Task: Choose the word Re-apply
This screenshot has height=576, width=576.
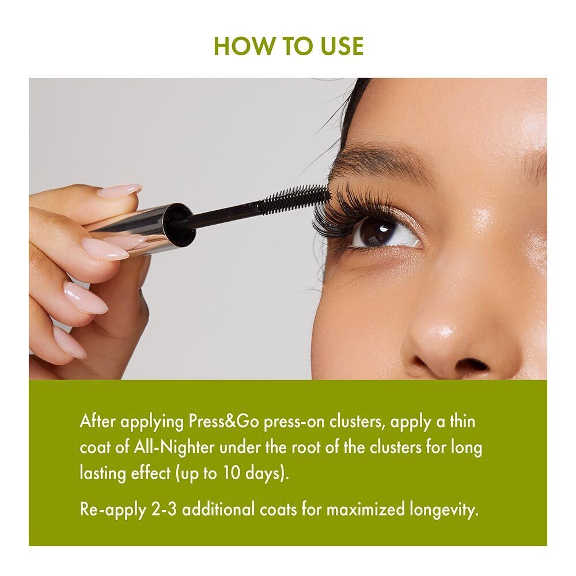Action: (x=110, y=510)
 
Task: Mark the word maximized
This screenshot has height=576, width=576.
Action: (x=366, y=510)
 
